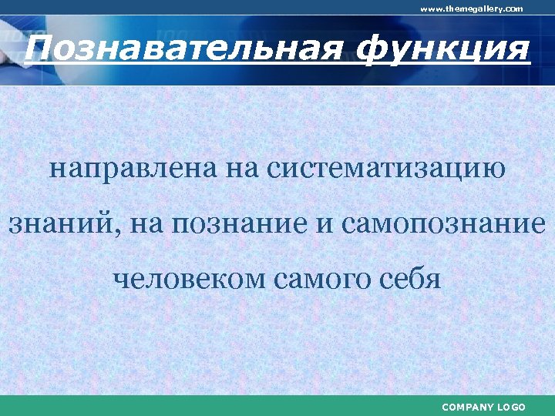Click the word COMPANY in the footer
coord(469,407)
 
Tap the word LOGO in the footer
coord(512,407)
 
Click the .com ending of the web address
coord(513,8)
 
